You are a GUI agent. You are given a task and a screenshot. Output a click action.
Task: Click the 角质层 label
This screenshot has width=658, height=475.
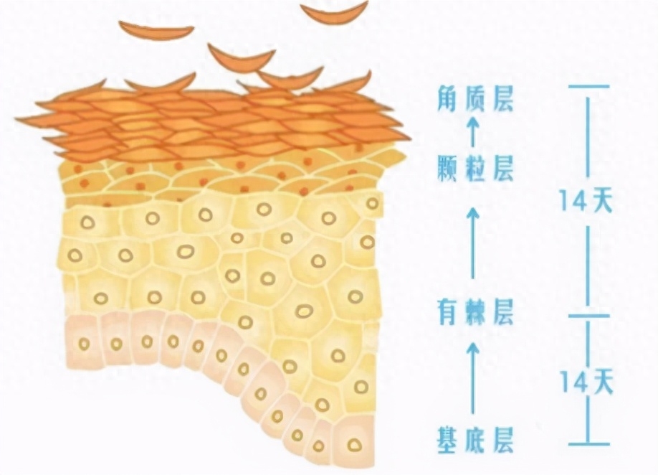point(475,99)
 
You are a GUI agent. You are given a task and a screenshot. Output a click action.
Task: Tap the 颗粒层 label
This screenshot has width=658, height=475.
point(475,168)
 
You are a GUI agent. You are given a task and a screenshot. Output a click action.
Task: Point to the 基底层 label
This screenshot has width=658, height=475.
point(475,440)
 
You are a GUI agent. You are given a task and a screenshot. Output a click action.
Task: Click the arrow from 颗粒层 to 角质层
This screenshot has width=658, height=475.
point(473,131)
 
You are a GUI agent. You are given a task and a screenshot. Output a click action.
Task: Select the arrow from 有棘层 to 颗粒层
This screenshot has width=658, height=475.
point(473,243)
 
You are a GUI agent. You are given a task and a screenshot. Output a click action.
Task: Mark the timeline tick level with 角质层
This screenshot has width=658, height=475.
point(588,87)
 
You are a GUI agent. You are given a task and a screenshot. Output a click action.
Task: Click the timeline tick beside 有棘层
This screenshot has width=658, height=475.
point(588,315)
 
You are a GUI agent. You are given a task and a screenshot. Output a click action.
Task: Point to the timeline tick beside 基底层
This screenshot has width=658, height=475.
point(588,443)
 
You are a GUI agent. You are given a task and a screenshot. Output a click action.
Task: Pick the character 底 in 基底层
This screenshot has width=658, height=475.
point(476,440)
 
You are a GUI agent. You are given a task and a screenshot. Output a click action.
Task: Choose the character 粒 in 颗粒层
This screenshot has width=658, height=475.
point(476,168)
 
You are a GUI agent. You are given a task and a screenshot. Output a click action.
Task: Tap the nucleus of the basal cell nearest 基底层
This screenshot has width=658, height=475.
point(355,444)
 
